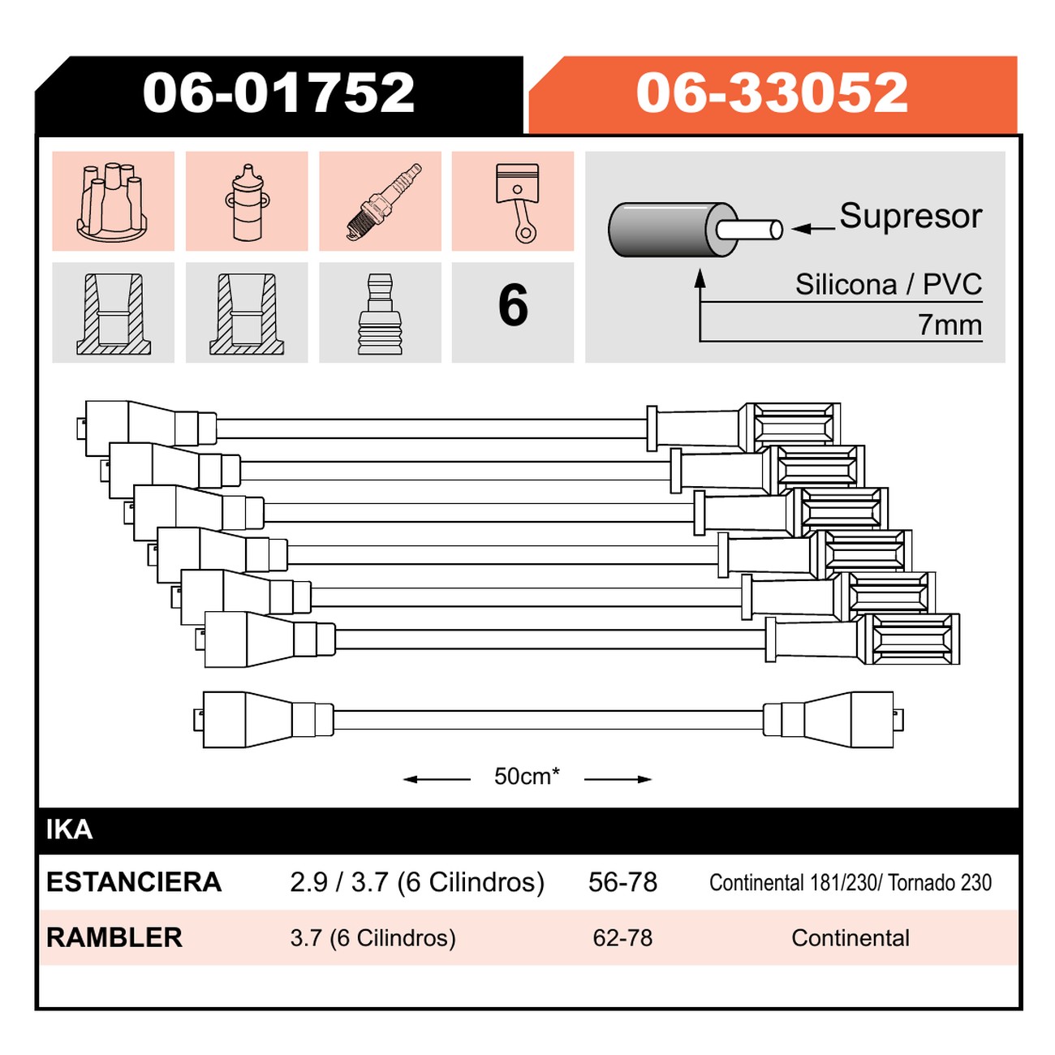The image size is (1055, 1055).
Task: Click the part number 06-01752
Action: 278,93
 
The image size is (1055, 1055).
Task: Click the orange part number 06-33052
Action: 772,93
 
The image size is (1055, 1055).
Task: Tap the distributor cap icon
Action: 112,201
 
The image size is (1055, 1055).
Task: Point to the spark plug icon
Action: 385,201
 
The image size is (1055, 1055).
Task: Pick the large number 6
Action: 513,305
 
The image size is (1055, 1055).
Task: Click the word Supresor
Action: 911,216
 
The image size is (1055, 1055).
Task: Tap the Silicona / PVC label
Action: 889,284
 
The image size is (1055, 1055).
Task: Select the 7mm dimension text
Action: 949,325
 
